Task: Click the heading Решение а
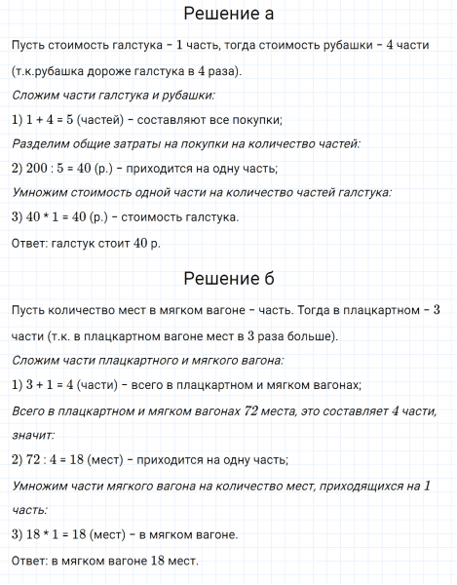point(228,15)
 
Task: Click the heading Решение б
point(228,280)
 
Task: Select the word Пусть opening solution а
point(29,47)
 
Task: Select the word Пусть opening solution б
point(29,311)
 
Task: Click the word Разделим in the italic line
point(44,144)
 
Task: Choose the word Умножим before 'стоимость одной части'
point(44,192)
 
